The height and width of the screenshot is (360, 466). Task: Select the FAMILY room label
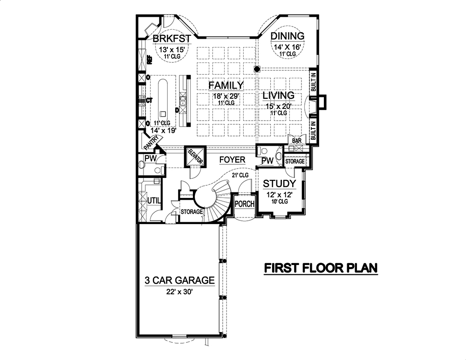pyautogui.click(x=226, y=85)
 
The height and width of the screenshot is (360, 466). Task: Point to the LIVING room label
pyautogui.click(x=278, y=95)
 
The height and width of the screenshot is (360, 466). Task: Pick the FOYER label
pyautogui.click(x=232, y=160)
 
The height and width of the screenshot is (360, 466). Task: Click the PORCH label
pyautogui.click(x=244, y=204)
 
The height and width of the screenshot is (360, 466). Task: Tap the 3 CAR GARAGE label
pyautogui.click(x=179, y=281)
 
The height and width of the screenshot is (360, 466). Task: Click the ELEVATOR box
pyautogui.click(x=195, y=157)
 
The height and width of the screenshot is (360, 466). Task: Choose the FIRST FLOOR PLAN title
pyautogui.click(x=321, y=268)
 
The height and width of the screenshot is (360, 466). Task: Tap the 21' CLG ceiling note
pyautogui.click(x=240, y=175)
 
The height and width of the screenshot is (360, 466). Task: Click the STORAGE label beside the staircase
pyautogui.click(x=192, y=212)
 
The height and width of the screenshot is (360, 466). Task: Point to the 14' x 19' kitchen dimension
pyautogui.click(x=158, y=131)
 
